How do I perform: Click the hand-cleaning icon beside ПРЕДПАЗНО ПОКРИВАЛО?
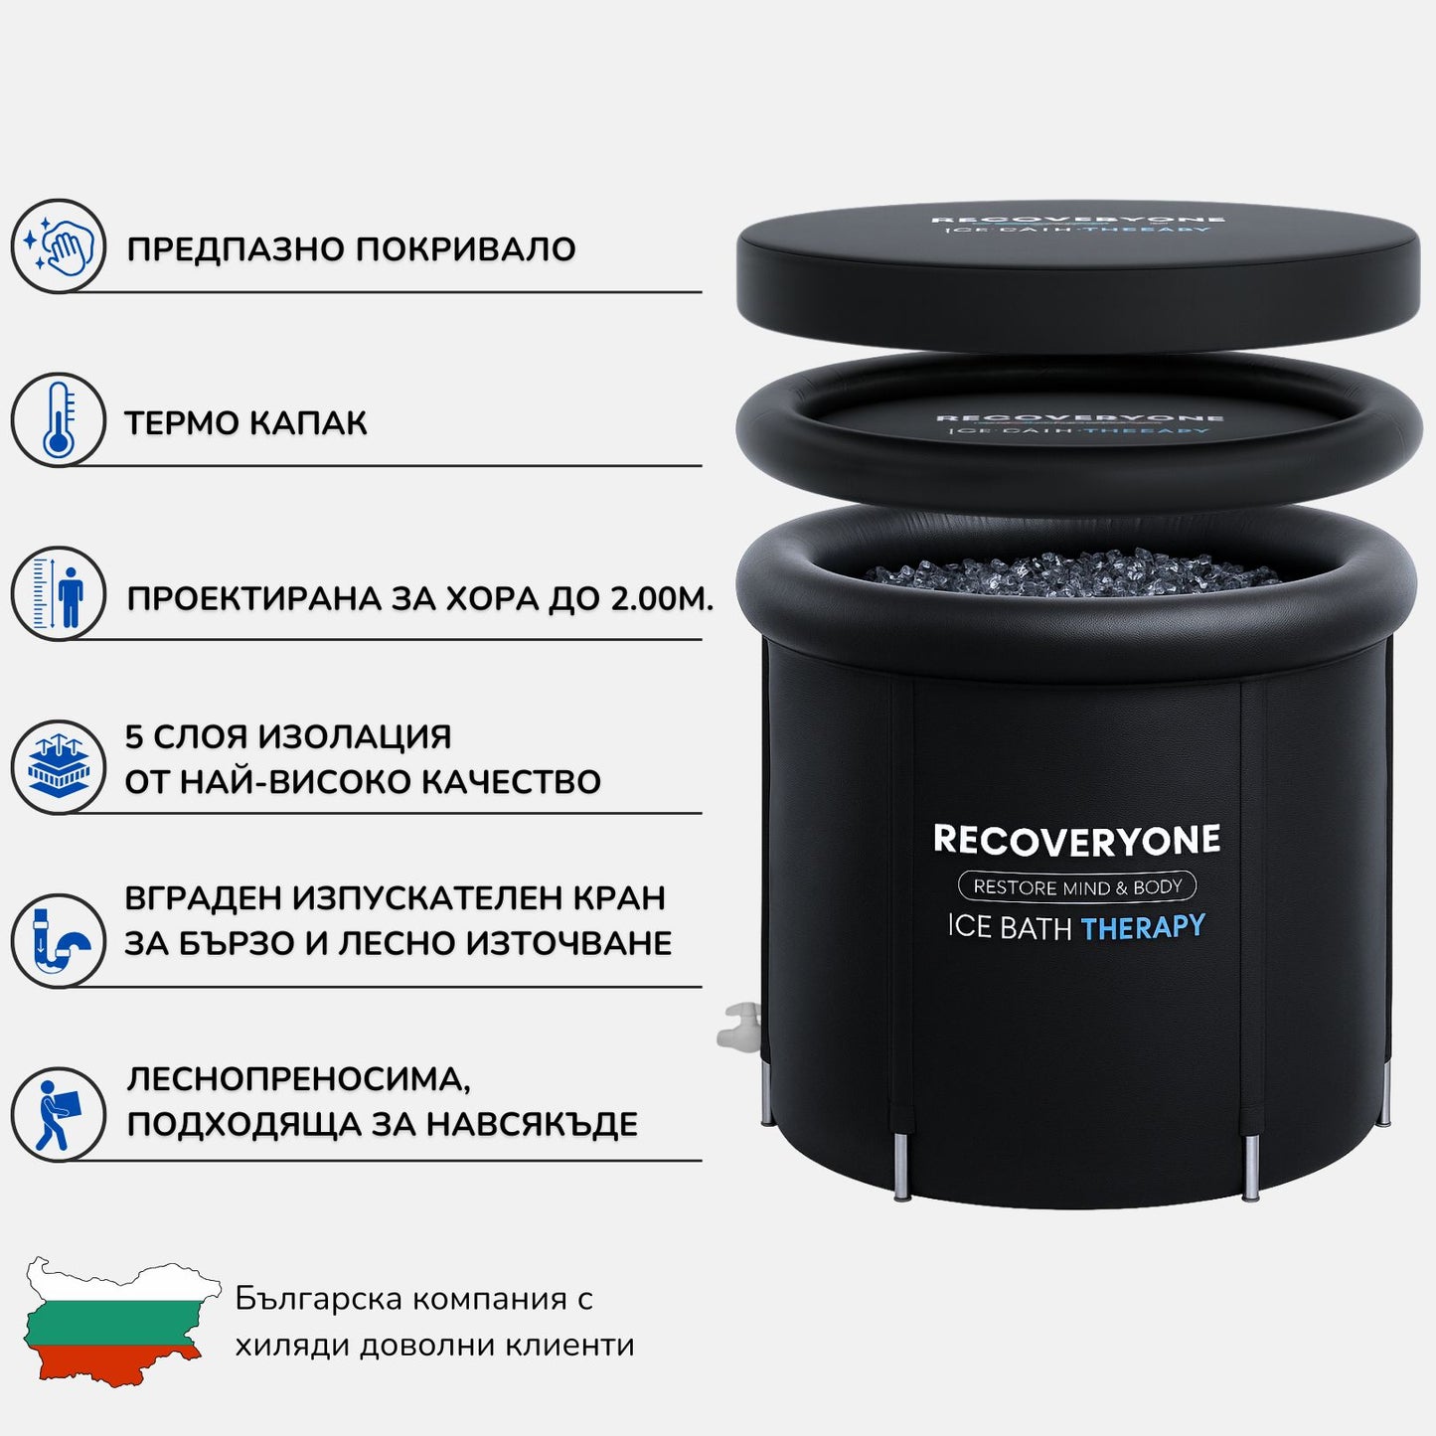pos(58,246)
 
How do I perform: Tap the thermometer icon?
pos(58,420)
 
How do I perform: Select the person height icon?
pos(58,594)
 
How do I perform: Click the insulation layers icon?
pos(58,767)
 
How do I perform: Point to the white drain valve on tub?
pos(739,1028)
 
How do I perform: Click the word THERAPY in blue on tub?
pos(1142,928)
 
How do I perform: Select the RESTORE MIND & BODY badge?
pos(1076,886)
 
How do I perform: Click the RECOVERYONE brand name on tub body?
pos(1076,841)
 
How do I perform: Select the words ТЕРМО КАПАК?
pos(245,423)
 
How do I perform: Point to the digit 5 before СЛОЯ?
pos(134,737)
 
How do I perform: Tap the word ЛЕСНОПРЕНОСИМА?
pos(298,1079)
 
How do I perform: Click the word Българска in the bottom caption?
pos(318,1299)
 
